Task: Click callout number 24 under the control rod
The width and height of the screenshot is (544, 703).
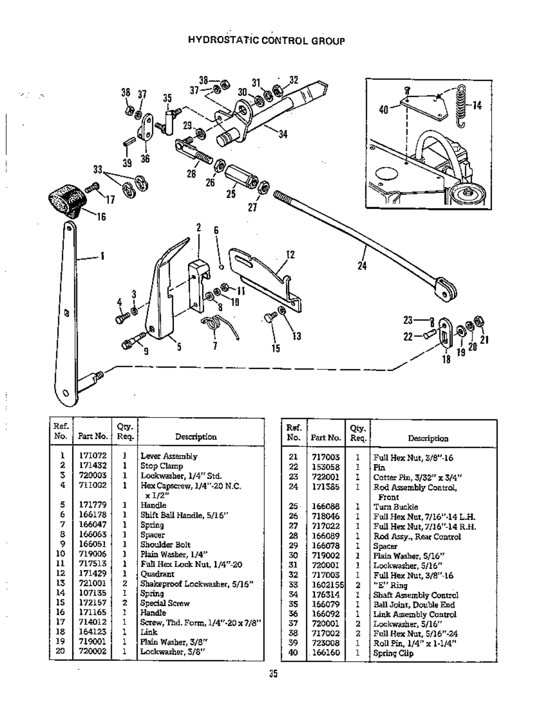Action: click(x=362, y=266)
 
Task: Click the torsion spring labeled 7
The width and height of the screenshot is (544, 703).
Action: click(x=220, y=325)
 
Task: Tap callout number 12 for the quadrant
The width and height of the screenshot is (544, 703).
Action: click(x=290, y=255)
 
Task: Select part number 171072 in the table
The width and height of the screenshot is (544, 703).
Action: click(x=92, y=456)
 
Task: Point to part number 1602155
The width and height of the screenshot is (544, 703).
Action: click(x=327, y=585)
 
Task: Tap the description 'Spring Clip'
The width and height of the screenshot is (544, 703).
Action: click(x=393, y=653)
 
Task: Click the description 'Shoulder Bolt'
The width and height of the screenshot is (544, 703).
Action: click(x=165, y=544)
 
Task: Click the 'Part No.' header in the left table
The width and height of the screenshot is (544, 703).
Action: click(x=92, y=436)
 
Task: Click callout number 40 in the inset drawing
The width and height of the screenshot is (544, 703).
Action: click(x=383, y=109)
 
